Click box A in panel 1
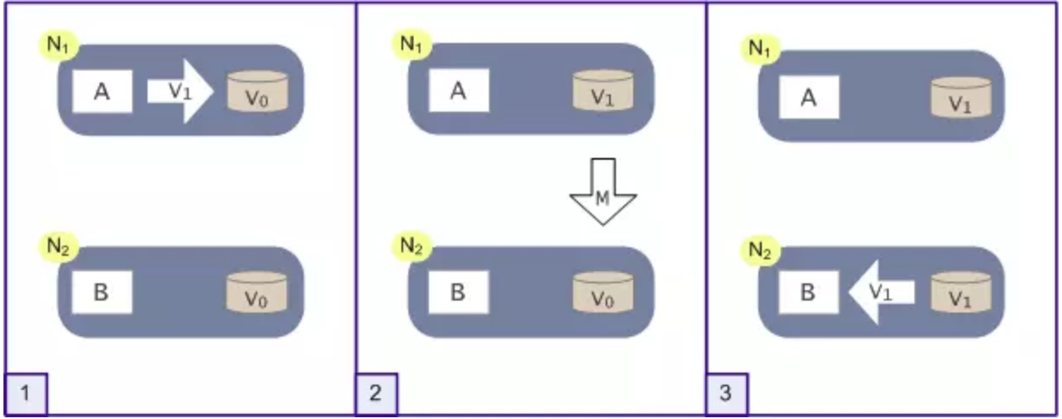point(101,93)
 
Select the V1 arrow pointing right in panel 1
point(178,92)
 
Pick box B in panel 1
point(101,292)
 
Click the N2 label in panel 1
point(58,245)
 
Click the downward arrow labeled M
point(602,192)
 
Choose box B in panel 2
point(458,292)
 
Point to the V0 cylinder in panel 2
point(604,294)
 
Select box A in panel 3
point(808,97)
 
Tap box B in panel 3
point(808,292)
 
